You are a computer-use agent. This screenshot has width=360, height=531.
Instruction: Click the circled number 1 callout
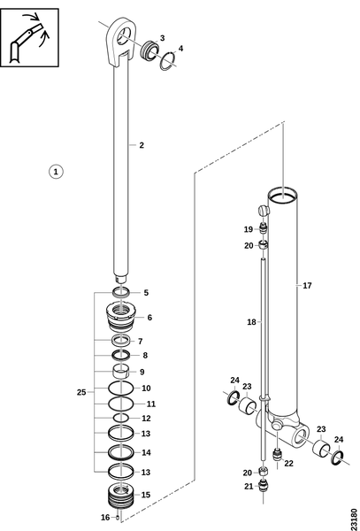pyautogui.click(x=56, y=172)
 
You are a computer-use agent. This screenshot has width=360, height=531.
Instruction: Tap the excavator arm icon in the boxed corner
pyautogui.click(x=29, y=37)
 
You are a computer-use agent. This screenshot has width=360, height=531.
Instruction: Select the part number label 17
pyautogui.click(x=307, y=286)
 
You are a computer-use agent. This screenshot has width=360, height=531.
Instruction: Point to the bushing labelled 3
pyautogui.click(x=149, y=49)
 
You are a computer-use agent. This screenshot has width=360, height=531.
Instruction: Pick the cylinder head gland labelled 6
pyautogui.click(x=121, y=316)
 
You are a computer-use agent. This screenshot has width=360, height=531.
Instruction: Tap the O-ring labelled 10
pyautogui.click(x=121, y=388)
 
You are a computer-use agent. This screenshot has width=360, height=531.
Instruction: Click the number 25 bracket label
pyautogui.click(x=81, y=392)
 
